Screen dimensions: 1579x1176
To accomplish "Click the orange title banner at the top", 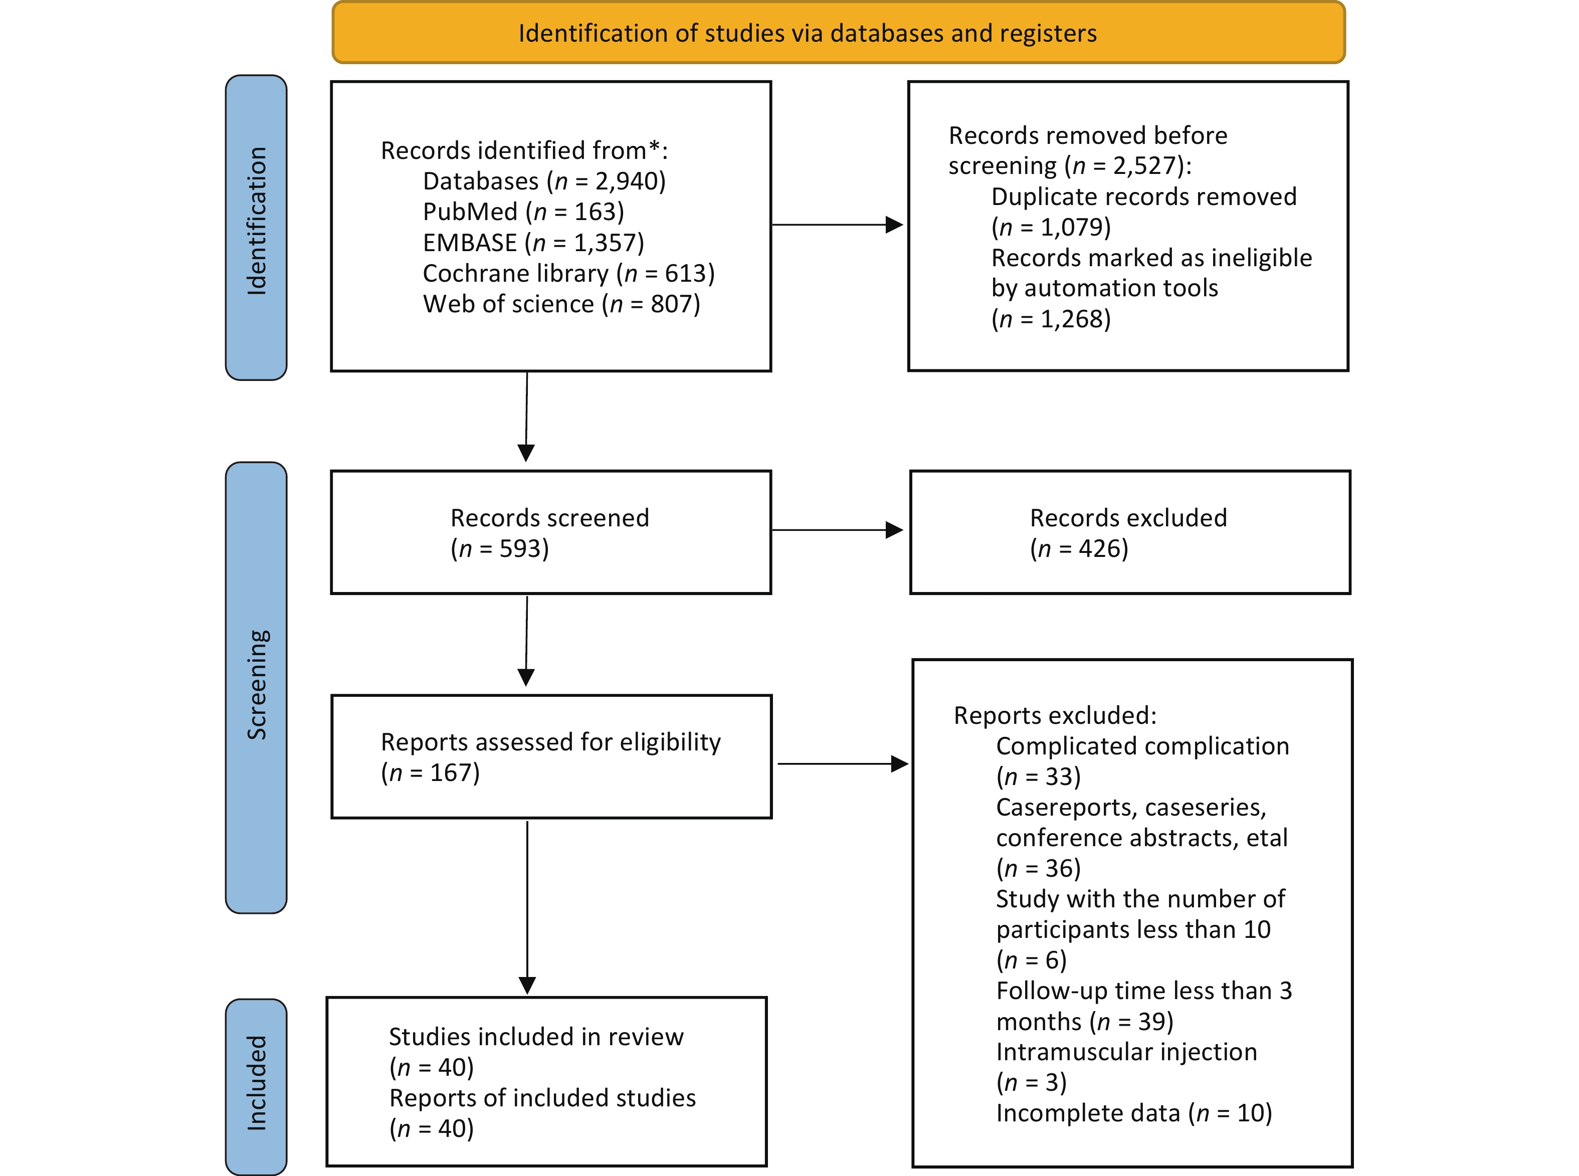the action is [839, 33].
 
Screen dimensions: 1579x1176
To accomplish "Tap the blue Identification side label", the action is [256, 228].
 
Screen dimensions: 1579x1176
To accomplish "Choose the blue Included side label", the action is [256, 1086].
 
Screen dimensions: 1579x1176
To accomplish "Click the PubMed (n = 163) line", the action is [523, 212].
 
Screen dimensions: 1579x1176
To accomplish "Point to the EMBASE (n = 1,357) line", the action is [533, 243].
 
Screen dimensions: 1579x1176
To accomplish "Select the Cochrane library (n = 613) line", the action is [569, 273].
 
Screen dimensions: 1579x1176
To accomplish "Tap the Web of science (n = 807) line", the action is [562, 304].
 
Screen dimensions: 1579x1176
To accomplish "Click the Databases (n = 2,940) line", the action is [544, 181].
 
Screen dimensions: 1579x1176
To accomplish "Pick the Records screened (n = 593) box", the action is [551, 532].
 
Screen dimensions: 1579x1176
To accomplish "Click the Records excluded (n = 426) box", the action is [1130, 532].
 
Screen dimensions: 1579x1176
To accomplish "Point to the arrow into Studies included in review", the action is [527, 908].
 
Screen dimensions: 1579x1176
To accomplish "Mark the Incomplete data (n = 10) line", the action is [1134, 1113].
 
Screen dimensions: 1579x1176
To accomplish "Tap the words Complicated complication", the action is [1142, 746].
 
